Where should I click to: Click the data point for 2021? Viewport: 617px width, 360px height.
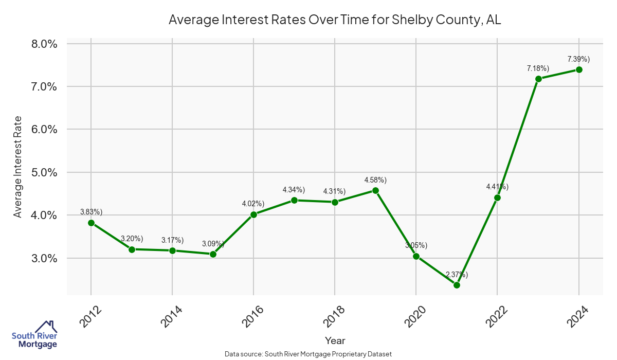click(457, 285)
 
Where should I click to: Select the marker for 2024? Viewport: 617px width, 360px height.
click(579, 69)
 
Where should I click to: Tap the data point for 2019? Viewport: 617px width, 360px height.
click(375, 190)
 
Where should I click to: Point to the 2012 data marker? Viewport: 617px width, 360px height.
click(91, 223)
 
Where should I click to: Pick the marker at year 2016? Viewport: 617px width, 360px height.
click(253, 214)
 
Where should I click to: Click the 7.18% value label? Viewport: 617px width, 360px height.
click(538, 68)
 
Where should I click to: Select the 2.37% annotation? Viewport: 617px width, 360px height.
click(457, 275)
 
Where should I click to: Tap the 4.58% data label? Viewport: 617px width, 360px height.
click(375, 180)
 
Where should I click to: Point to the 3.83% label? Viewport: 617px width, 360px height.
click(91, 212)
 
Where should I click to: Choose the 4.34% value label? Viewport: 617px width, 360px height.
click(294, 190)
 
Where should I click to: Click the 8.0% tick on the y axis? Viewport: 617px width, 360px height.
click(44, 44)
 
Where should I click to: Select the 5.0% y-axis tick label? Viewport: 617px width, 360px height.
click(44, 172)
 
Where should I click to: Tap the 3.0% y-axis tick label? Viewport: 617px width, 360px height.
click(44, 258)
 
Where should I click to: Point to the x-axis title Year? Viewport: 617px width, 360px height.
click(335, 340)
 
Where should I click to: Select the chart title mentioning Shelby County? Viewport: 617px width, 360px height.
click(335, 21)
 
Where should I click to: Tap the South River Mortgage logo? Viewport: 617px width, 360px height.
click(34, 335)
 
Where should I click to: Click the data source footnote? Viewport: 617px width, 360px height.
click(308, 354)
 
